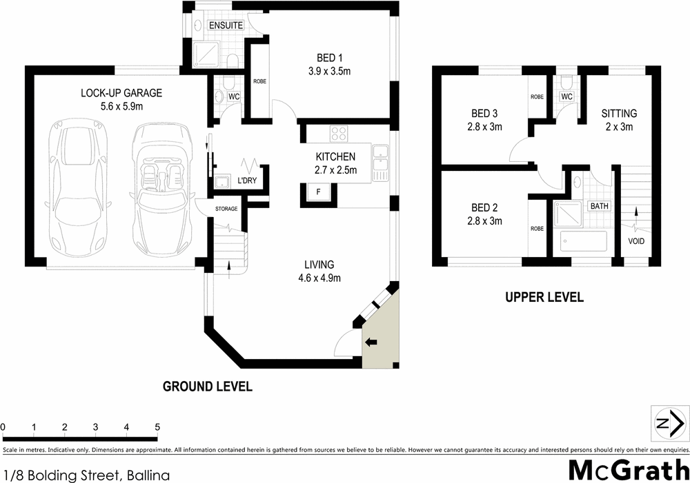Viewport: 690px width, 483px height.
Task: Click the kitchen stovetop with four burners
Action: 339,132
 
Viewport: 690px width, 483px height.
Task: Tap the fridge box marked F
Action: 317,192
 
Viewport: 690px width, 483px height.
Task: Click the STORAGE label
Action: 226,209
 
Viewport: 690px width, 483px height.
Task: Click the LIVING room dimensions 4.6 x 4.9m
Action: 319,278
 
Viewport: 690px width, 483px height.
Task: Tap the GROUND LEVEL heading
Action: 207,387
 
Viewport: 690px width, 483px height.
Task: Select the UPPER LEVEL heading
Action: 544,298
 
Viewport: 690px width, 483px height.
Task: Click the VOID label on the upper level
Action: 636,241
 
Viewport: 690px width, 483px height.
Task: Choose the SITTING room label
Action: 618,114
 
